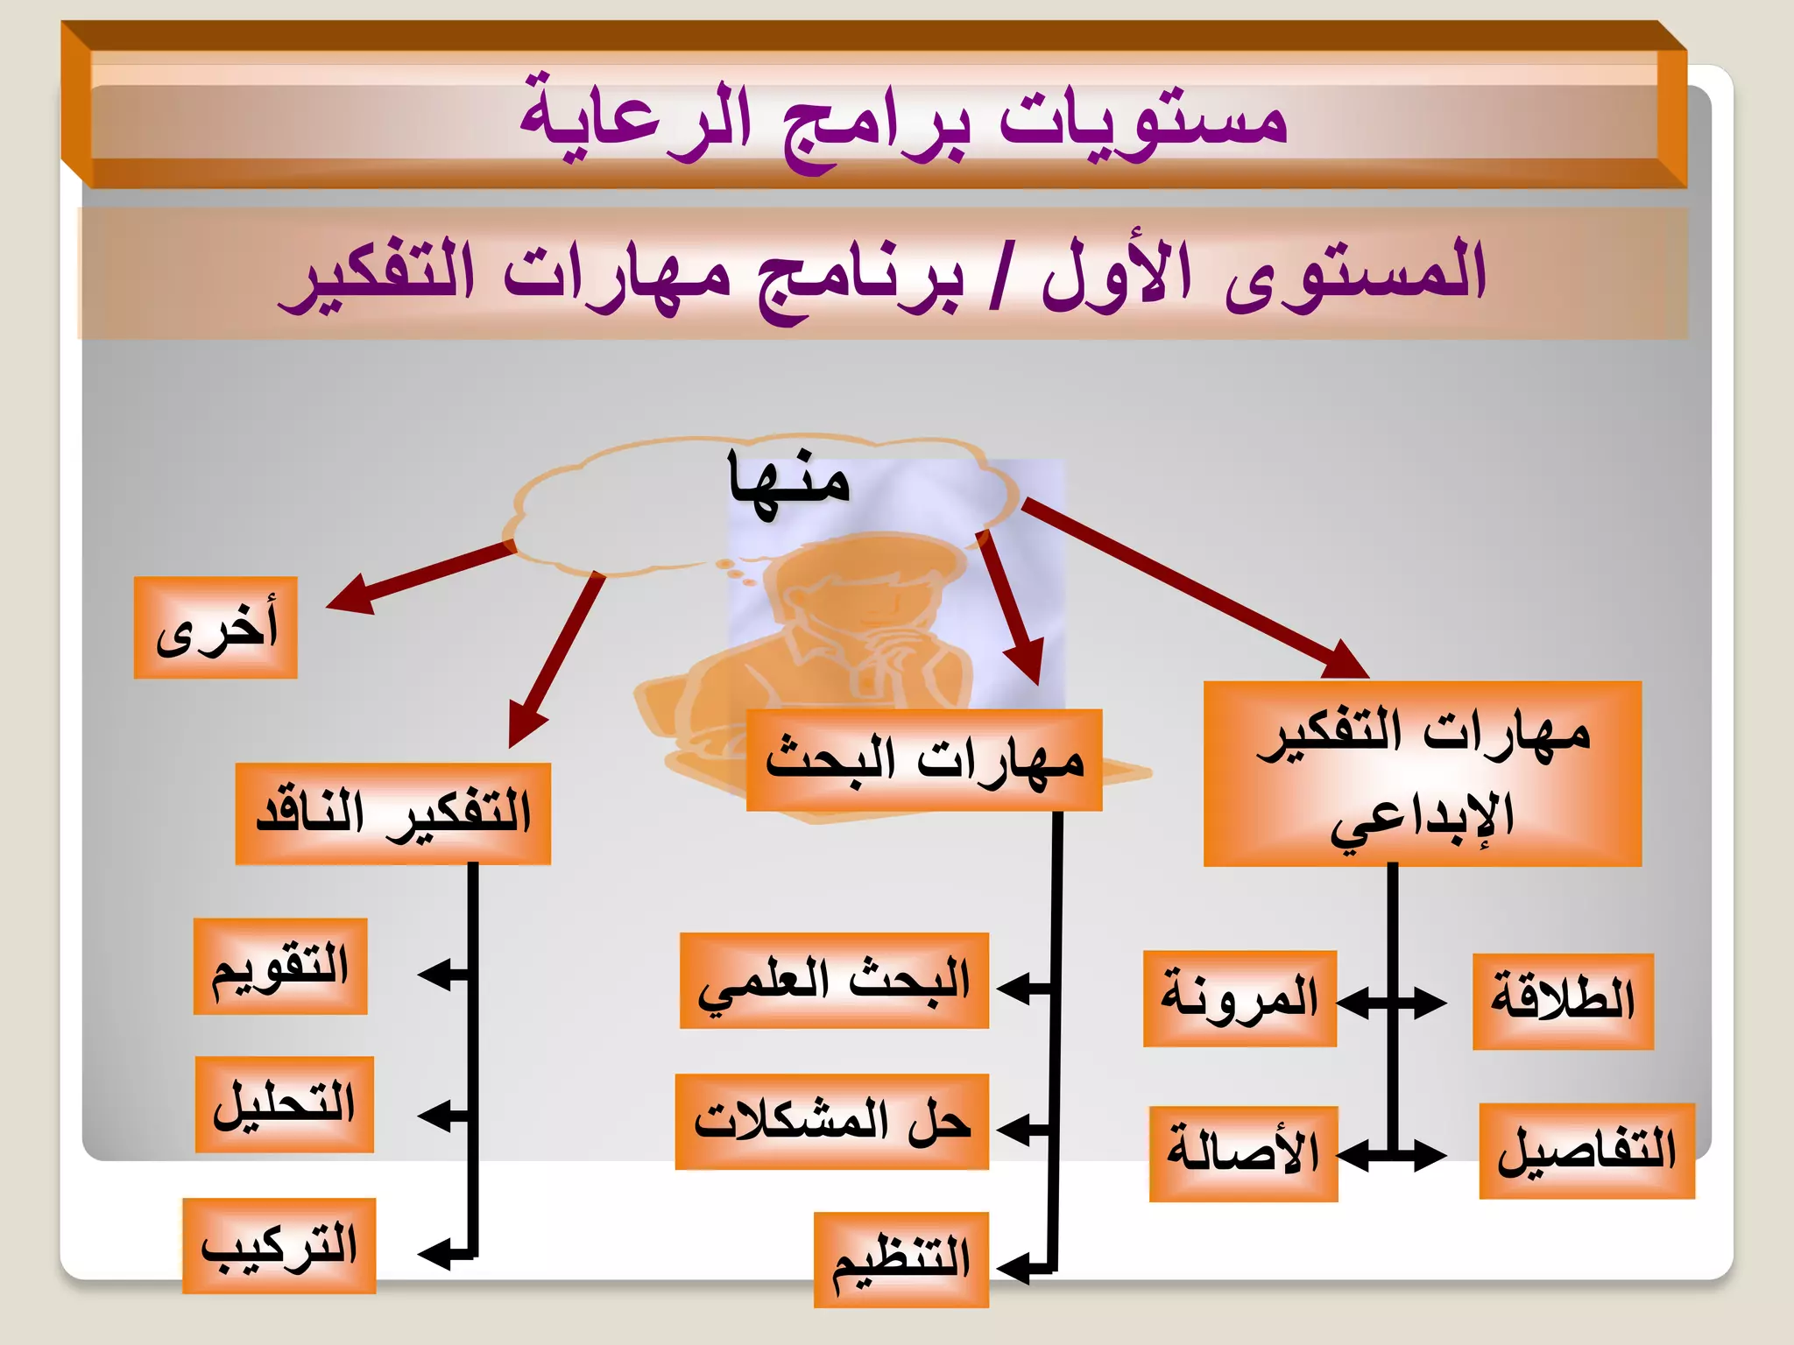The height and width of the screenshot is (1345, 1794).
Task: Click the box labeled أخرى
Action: [x=215, y=628]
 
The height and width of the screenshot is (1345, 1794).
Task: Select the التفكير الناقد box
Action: [x=392, y=813]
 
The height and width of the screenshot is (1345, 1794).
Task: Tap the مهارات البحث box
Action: [x=923, y=760]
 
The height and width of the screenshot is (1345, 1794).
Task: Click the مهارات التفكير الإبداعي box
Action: [x=1422, y=774]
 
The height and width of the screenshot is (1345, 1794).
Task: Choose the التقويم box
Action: [x=280, y=967]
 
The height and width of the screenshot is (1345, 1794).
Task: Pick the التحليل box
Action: [x=285, y=1104]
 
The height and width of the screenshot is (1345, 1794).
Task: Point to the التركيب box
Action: [x=279, y=1245]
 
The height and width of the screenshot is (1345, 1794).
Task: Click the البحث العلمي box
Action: [x=834, y=981]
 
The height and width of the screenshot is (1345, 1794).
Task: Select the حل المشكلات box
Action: [x=832, y=1122]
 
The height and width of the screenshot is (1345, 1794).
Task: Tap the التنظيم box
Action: [x=901, y=1259]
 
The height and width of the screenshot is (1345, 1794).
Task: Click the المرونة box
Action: [x=1240, y=998]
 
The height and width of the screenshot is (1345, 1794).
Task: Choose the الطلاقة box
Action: [x=1563, y=1002]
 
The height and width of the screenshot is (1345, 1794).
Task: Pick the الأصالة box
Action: [x=1243, y=1153]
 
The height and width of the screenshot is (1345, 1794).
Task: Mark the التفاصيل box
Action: [x=1586, y=1151]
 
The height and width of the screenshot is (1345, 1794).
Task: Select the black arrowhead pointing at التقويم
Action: [x=434, y=974]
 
